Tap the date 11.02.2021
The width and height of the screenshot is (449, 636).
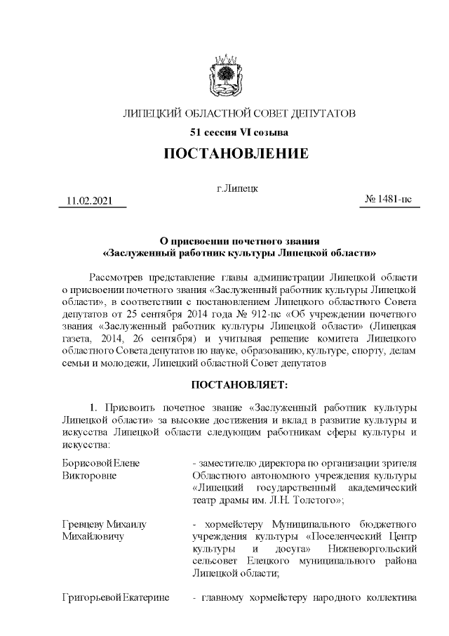click(x=89, y=202)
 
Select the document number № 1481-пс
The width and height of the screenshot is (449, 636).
click(x=389, y=200)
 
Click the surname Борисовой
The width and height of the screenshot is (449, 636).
click(x=82, y=464)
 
